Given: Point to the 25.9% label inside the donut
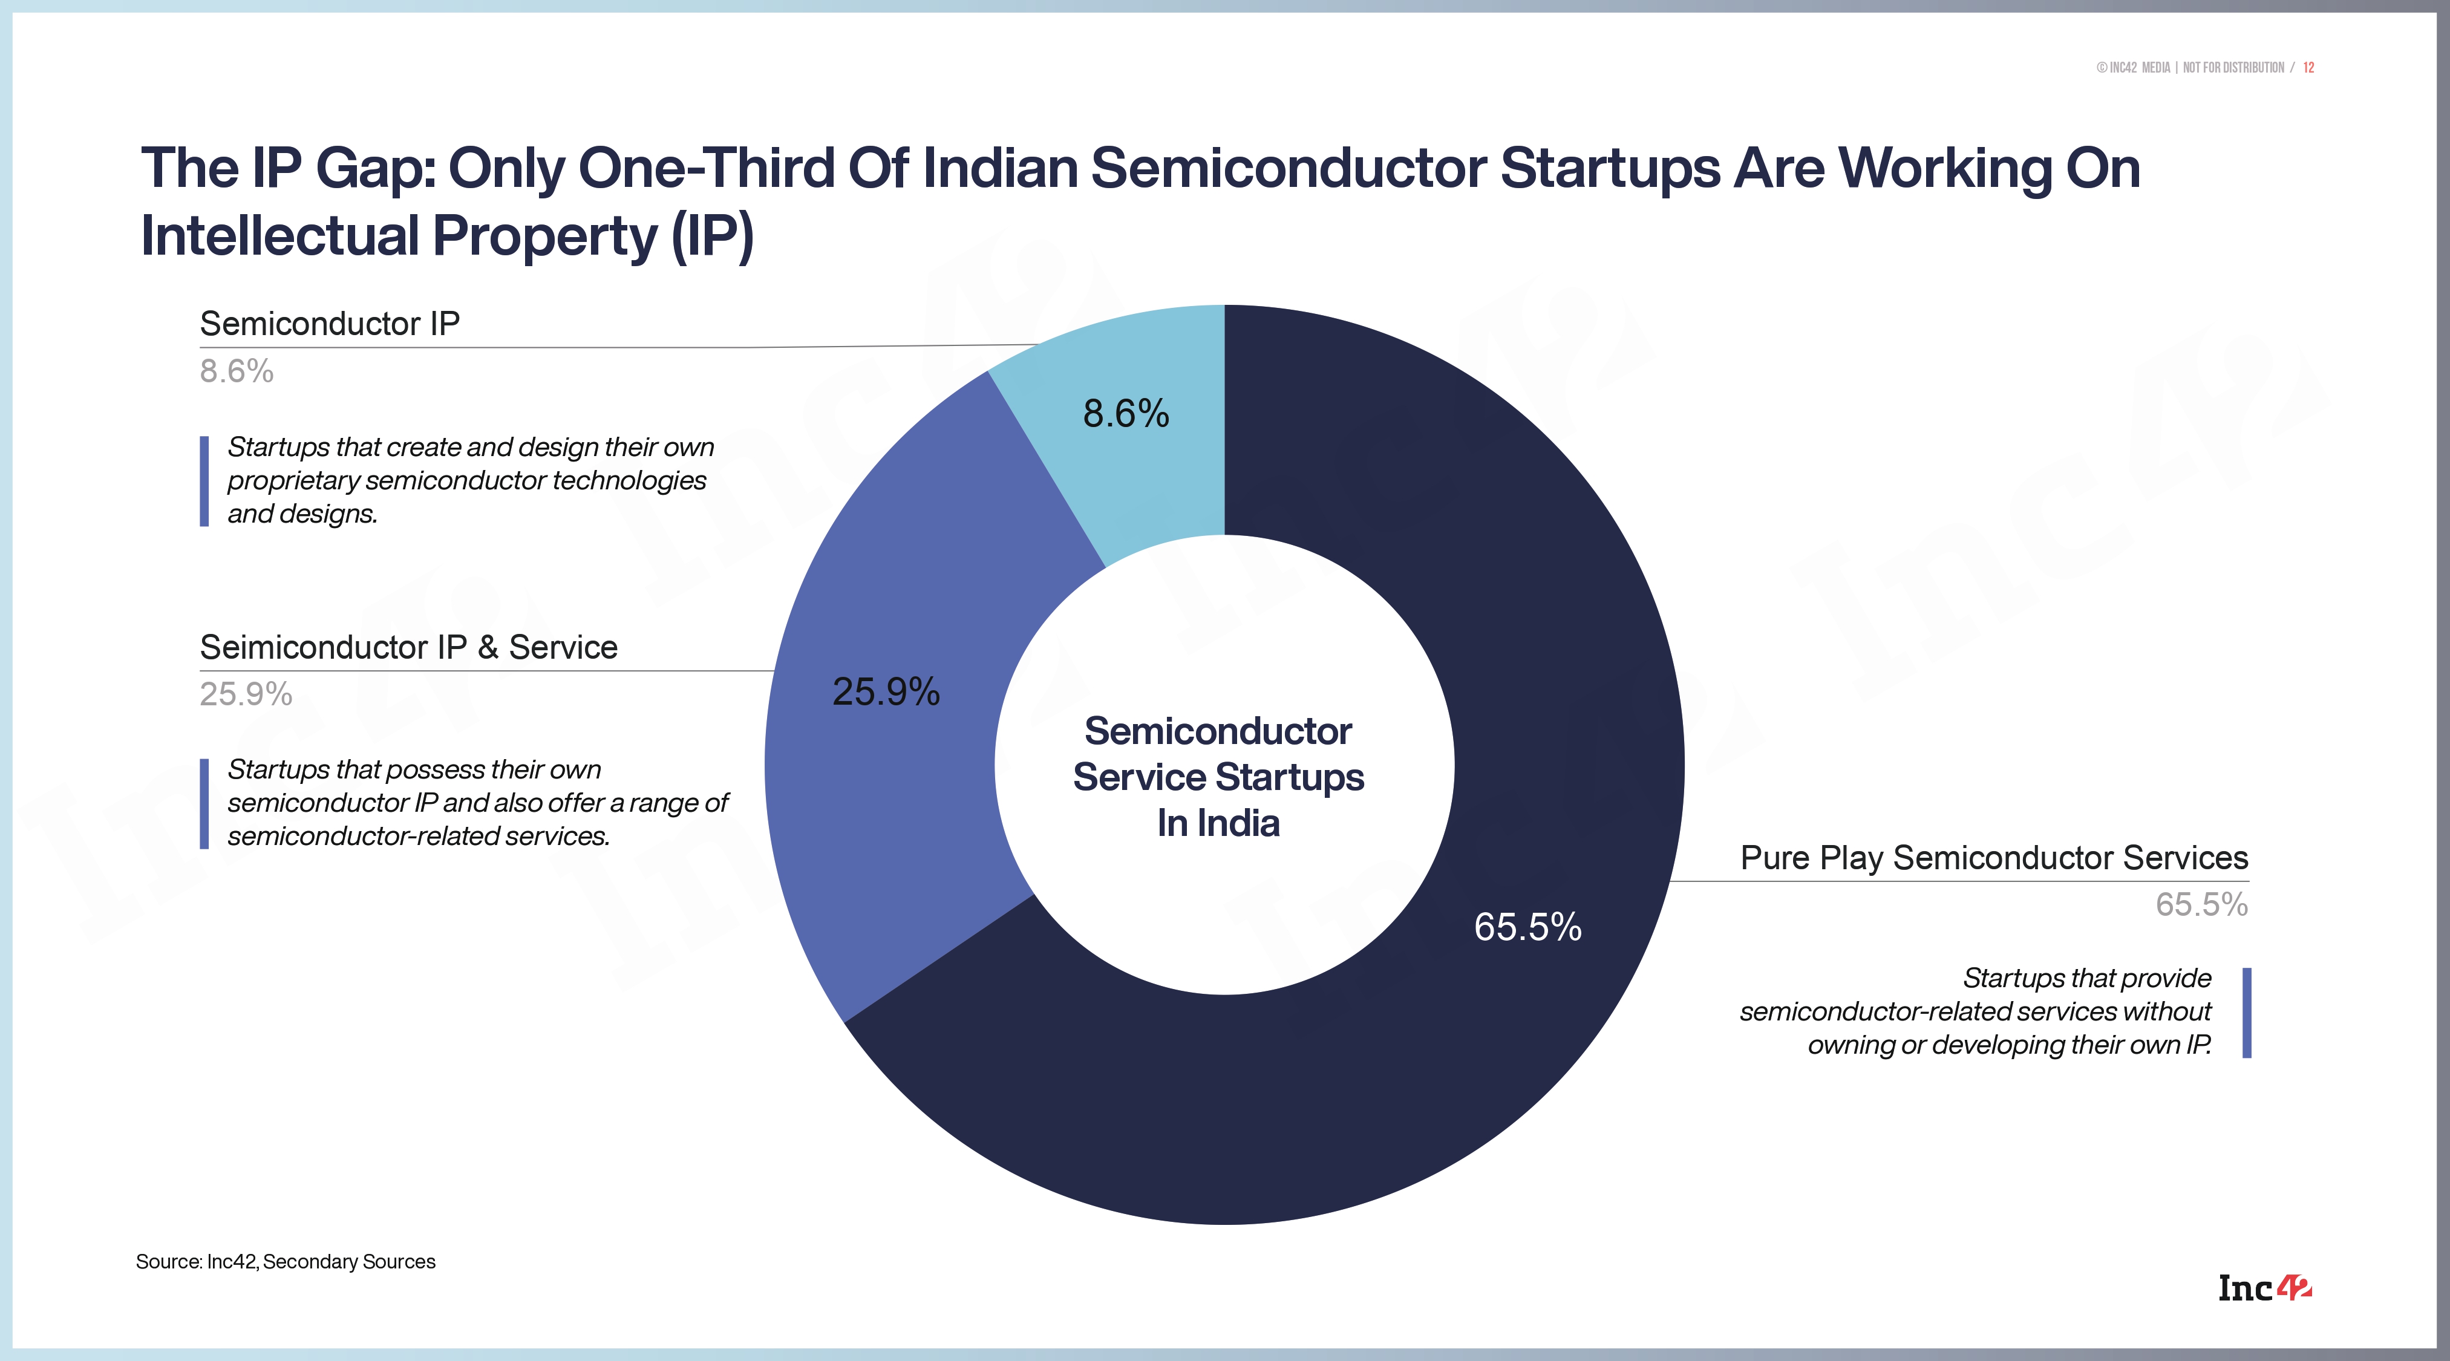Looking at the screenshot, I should pos(886,691).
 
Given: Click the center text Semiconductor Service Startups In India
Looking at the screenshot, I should pos(1218,777).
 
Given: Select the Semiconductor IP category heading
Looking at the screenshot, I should pos(329,324).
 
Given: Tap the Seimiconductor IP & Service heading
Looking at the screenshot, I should pos(408,648).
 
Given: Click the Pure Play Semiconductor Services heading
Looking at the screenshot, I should pos(1993,858).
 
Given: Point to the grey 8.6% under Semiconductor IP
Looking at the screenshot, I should pos(236,371).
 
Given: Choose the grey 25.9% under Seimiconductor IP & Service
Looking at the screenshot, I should pos(246,694).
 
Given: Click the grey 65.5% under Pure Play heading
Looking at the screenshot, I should pos(2201,904).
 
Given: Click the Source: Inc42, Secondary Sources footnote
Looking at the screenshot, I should pos(286,1262).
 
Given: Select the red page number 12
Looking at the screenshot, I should pos(2308,68).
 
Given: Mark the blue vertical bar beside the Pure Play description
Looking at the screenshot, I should pos(2247,1013).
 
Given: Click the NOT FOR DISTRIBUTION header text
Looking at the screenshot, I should pos(2233,68).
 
